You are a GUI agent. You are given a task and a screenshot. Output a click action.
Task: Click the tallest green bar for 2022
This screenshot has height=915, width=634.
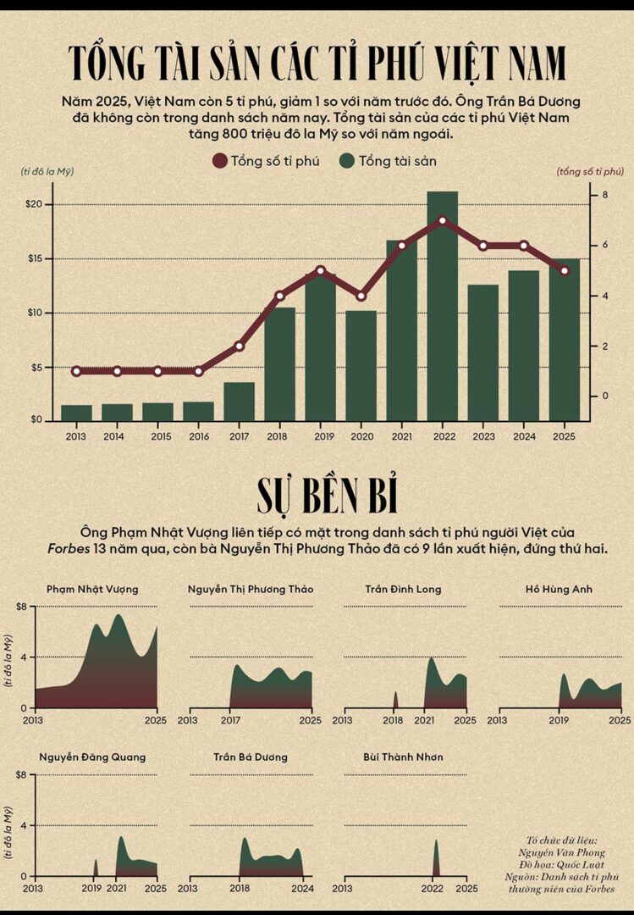tap(442, 305)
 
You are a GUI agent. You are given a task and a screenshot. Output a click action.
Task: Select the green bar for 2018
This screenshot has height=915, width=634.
tap(279, 364)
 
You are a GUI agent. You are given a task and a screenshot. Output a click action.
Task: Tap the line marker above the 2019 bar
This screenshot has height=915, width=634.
tap(320, 271)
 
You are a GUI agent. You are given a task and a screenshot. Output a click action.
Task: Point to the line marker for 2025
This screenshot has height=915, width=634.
tap(565, 271)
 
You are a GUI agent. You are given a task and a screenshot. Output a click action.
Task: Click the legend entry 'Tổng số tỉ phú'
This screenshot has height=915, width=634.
tap(266, 161)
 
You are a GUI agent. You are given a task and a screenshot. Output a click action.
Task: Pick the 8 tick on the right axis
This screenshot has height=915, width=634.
tap(605, 196)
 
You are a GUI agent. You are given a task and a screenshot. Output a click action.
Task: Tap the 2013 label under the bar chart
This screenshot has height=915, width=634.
tap(76, 435)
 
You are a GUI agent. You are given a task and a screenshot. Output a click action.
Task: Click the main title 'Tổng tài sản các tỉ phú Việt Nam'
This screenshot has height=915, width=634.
tap(317, 64)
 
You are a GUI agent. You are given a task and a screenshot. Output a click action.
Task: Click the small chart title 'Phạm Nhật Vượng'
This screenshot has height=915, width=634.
tap(92, 589)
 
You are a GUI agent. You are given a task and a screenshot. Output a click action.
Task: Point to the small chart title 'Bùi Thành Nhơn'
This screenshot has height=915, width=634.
tap(403, 757)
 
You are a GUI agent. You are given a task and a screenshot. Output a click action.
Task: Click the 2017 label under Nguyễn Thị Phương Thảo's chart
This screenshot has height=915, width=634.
tap(230, 721)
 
